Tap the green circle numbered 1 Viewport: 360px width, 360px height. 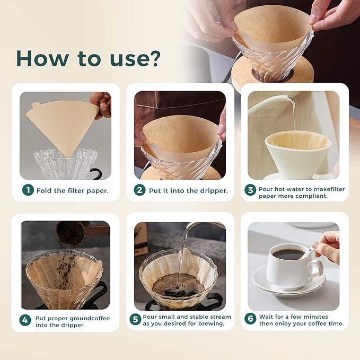point(28,190)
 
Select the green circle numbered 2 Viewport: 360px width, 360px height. point(139,190)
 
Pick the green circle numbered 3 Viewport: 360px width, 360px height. point(250,190)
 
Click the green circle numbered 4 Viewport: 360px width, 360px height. point(25,320)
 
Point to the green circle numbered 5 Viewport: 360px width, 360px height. point(135,320)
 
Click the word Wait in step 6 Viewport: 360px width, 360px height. point(268,317)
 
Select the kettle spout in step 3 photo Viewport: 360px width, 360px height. point(289,99)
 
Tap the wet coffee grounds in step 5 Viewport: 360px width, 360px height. point(178,285)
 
